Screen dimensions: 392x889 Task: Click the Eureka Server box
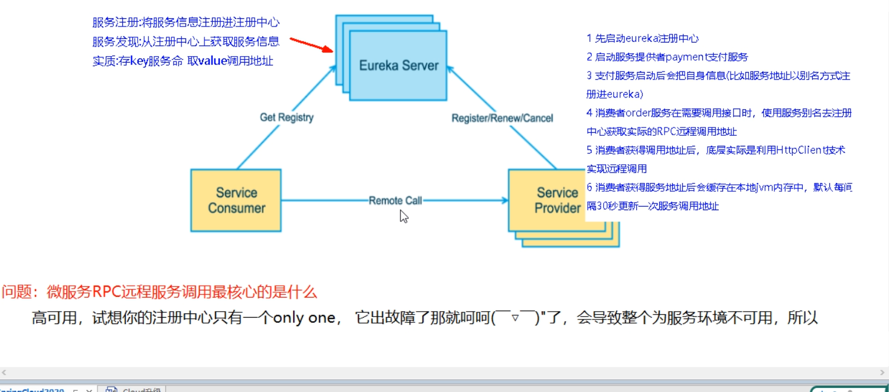[x=398, y=65]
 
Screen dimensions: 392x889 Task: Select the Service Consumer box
[x=236, y=200]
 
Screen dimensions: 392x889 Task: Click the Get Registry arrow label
[x=286, y=117]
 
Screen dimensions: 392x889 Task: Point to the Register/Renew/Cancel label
[x=502, y=118]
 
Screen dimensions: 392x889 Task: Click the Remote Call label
[x=395, y=201]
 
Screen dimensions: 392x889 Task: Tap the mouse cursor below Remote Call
[x=403, y=217]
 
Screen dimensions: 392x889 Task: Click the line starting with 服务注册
[x=185, y=23]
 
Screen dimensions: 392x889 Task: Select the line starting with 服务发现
[x=185, y=42]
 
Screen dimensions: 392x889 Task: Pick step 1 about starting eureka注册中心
[x=643, y=38]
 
